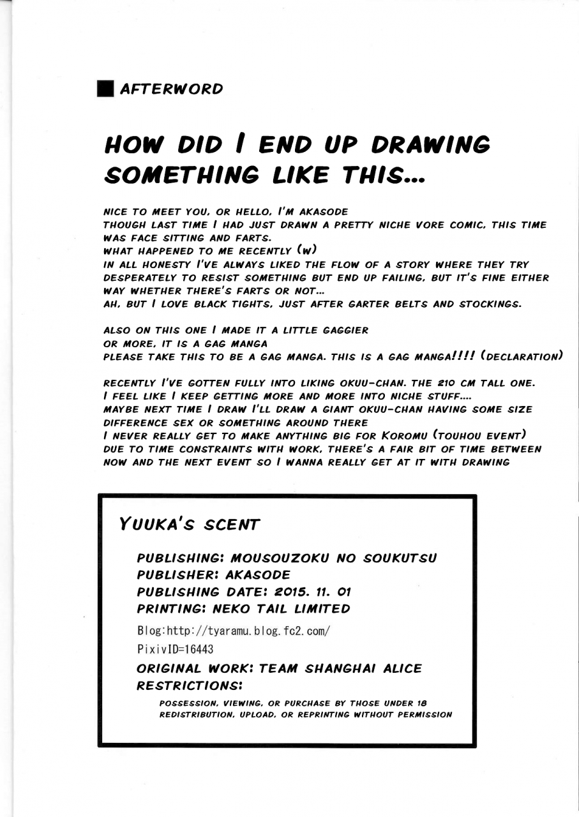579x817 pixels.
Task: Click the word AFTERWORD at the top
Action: pyautogui.click(x=171, y=89)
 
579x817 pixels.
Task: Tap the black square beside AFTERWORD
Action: pyautogui.click(x=105, y=89)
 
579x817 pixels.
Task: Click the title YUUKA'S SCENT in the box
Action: pyautogui.click(x=189, y=525)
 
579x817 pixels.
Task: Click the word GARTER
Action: pyautogui.click(x=349, y=304)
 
